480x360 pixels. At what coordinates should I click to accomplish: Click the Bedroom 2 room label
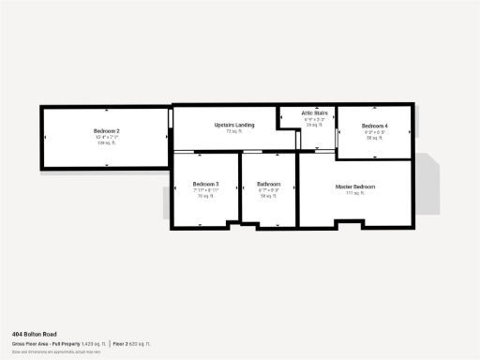click(106, 130)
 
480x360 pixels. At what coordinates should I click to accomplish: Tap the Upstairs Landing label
click(233, 125)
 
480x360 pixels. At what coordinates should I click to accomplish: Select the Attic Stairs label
click(314, 113)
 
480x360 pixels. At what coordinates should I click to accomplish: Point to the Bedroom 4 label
click(374, 126)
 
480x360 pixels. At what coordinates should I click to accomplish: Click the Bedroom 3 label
click(205, 184)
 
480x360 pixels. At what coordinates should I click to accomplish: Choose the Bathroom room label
click(269, 184)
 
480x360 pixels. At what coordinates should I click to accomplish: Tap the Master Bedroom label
click(355, 187)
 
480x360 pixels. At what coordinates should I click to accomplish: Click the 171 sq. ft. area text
click(355, 193)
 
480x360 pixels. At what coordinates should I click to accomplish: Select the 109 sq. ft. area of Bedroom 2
click(106, 143)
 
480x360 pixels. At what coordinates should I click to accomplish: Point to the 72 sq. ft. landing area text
click(233, 131)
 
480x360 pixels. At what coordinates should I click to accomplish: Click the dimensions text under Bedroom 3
click(205, 190)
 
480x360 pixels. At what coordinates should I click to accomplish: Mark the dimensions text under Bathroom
click(269, 190)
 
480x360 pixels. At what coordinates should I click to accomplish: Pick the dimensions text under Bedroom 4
click(374, 132)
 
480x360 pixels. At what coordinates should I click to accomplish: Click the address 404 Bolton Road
click(34, 334)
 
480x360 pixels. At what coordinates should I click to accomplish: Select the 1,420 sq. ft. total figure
click(95, 344)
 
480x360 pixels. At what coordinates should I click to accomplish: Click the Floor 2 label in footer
click(122, 344)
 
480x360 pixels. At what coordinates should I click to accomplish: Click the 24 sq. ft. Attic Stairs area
click(314, 125)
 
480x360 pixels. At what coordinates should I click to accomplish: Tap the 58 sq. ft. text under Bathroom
click(269, 196)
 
